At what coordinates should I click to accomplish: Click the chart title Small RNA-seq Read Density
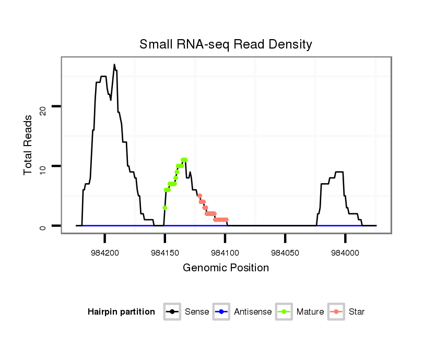click(x=226, y=44)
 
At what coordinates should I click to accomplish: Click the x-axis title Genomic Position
click(x=226, y=268)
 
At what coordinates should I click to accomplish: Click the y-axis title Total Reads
click(x=29, y=145)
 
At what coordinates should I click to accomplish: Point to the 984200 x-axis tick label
click(x=104, y=253)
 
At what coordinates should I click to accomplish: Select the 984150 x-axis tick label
click(x=165, y=253)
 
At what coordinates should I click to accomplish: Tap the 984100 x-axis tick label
click(x=225, y=253)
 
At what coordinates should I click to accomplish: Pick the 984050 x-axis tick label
click(x=285, y=253)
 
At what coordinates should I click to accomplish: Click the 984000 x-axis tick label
click(x=345, y=253)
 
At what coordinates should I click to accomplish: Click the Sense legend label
click(x=197, y=312)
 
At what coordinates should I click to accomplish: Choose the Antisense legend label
click(x=253, y=312)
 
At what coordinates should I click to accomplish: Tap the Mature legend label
click(x=310, y=312)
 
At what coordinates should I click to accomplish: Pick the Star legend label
click(x=357, y=312)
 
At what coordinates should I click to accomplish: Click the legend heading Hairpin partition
click(x=121, y=312)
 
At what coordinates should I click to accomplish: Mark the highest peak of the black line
click(x=114, y=65)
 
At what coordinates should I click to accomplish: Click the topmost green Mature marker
click(x=184, y=160)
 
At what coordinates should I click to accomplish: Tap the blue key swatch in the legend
click(x=221, y=312)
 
